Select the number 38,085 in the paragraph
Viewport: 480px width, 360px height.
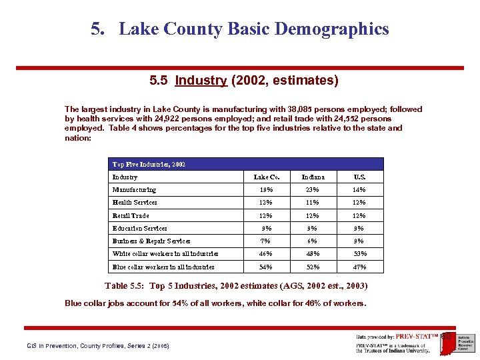pos(302,109)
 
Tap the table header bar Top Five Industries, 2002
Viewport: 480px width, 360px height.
pos(246,164)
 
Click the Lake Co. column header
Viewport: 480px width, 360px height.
pos(267,177)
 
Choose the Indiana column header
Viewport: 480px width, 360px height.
pos(313,177)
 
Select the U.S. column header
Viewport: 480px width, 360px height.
pos(359,177)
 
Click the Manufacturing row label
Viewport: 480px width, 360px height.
pos(134,190)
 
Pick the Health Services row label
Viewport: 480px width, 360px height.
pos(135,203)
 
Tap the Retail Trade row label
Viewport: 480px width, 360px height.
pos(131,216)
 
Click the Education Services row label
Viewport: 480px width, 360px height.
pos(140,229)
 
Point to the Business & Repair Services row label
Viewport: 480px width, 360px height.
pos(151,241)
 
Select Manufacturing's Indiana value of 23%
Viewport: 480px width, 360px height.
pos(313,190)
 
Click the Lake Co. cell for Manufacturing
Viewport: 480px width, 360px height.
pos(267,190)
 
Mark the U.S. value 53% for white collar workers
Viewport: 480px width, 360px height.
pos(359,254)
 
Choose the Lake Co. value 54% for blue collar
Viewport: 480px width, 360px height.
pos(267,267)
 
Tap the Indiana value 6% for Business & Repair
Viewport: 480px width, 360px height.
pos(313,241)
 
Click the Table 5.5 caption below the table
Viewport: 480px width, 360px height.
pos(236,286)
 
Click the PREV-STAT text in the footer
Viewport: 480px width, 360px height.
pos(413,337)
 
